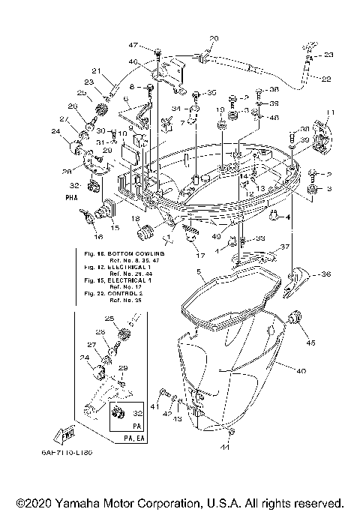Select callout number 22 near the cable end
(326, 79)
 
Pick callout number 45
(310, 344)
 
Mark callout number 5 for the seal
(198, 271)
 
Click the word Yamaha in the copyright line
(70, 502)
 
